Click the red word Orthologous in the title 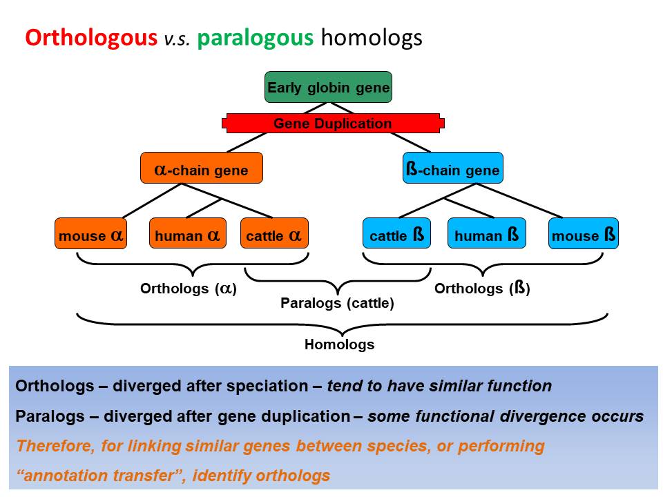point(91,37)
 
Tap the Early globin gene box point(328,88)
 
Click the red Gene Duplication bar point(332,124)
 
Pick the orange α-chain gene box point(201,168)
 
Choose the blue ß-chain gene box point(452,168)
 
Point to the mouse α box point(90,235)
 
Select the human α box point(187,235)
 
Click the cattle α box point(273,235)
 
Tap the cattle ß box point(396,235)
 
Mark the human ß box point(486,235)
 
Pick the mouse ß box point(583,235)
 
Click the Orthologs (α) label point(189,289)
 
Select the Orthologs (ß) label point(482,289)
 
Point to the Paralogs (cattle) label point(337,303)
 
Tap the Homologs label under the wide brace point(339,344)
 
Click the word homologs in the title point(371,37)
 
